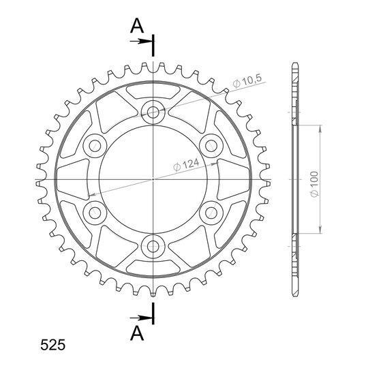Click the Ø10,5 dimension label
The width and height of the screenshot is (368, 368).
(x=247, y=81)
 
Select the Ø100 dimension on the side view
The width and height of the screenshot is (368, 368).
(x=314, y=184)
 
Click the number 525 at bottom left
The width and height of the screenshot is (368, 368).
(x=52, y=345)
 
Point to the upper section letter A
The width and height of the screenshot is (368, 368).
(x=137, y=26)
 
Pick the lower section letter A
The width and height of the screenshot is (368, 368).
(x=137, y=333)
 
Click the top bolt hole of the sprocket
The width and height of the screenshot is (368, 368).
(x=153, y=112)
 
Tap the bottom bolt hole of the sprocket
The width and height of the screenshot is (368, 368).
(x=153, y=247)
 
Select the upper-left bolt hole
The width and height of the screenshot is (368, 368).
(x=95, y=146)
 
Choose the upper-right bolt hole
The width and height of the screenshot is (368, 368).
(x=211, y=146)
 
